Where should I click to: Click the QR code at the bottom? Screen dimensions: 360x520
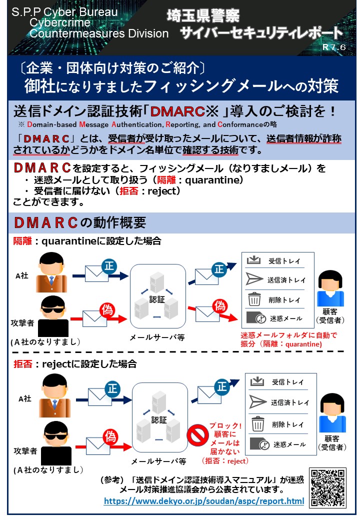pyautogui.click(x=328, y=487)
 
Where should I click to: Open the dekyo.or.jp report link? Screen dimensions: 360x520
pyautogui.click(x=203, y=500)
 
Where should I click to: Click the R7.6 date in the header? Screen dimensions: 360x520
pyautogui.click(x=334, y=47)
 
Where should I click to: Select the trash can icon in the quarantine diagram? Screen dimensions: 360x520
pyautogui.click(x=254, y=299)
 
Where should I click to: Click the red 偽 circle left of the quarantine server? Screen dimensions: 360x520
pyautogui.click(x=107, y=310)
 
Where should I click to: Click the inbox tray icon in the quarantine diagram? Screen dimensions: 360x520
pyautogui.click(x=254, y=260)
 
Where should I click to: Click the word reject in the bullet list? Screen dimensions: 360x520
pyautogui.click(x=159, y=190)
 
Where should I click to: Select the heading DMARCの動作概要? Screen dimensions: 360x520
pyautogui.click(x=80, y=222)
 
